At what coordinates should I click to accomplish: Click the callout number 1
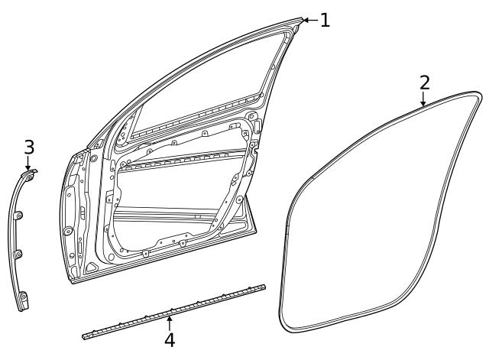coord(325,20)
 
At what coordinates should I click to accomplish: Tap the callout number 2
coord(424,83)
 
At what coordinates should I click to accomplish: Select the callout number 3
coord(29,146)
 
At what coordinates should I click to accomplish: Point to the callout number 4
coord(170,339)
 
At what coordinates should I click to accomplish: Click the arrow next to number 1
coord(309,20)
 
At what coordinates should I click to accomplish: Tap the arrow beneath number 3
coord(28,163)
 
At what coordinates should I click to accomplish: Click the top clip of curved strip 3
coord(28,177)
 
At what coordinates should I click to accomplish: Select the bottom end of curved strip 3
coord(24,303)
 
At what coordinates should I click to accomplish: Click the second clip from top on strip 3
coord(21,214)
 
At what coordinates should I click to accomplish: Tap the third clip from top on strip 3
coord(19,253)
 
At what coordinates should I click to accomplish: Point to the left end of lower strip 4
coord(84,335)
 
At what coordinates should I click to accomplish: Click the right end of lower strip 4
coord(263,287)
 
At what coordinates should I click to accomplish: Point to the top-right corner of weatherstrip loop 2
coord(478,95)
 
